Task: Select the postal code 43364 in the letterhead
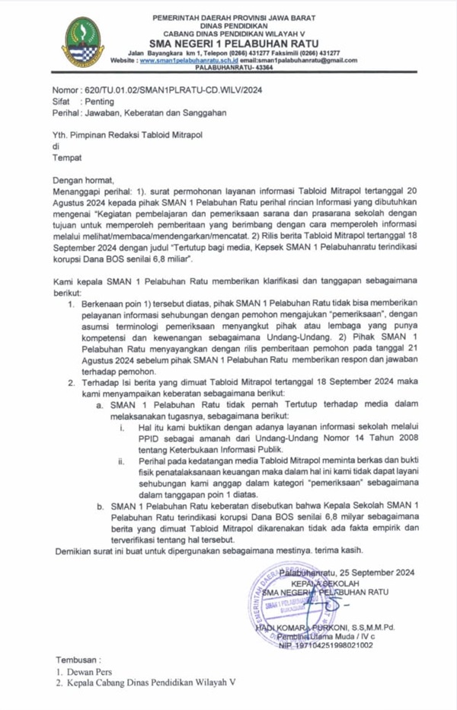pyautogui.click(x=259, y=67)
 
